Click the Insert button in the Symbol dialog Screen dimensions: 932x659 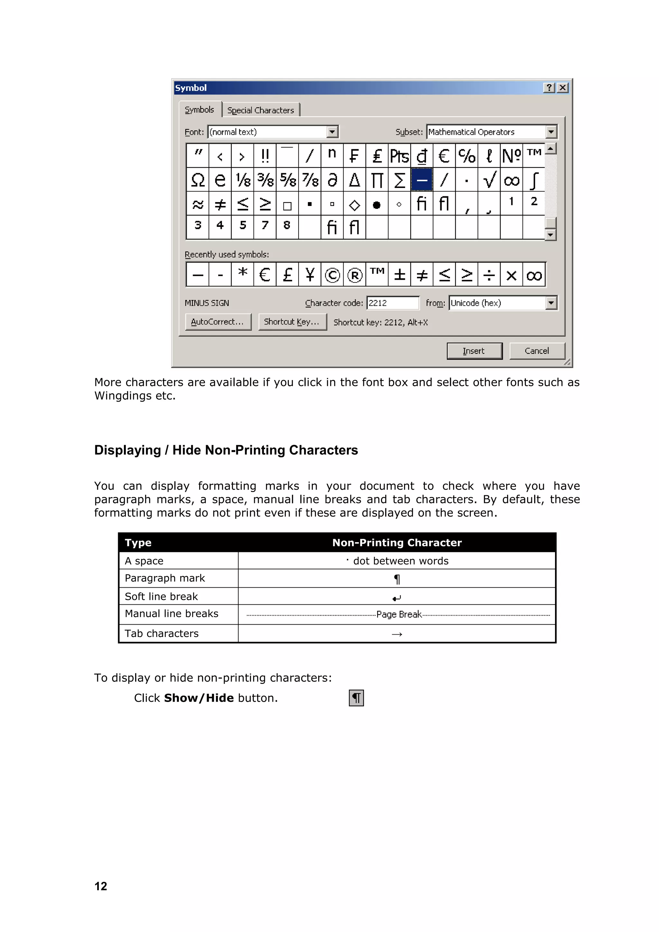point(474,351)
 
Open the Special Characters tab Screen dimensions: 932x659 point(261,110)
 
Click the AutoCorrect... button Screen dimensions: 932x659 point(218,322)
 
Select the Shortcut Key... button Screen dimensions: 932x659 point(292,322)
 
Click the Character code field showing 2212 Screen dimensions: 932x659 point(392,303)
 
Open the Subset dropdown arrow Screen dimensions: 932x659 point(551,132)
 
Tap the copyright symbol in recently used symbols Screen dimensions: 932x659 point(332,275)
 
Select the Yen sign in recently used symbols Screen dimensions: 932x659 point(310,275)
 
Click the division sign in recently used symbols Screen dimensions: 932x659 point(489,275)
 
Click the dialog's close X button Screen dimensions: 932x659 point(562,88)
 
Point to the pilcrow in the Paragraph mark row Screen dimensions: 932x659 point(397,579)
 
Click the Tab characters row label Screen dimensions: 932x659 point(162,633)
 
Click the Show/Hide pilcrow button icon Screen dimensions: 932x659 point(356,698)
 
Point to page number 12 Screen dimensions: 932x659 point(101,886)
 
